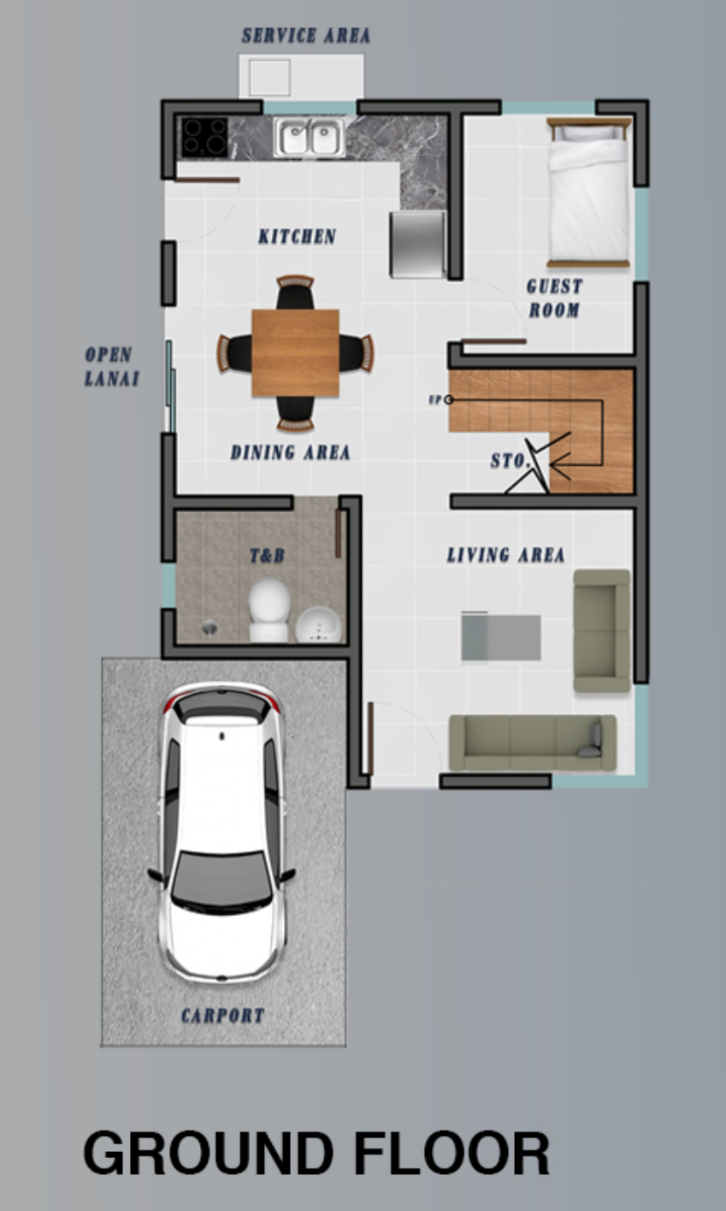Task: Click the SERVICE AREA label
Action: coord(306,36)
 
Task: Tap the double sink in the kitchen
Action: coord(310,138)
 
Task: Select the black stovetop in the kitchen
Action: coord(204,138)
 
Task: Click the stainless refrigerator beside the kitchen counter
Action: coord(418,245)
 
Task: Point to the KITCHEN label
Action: coord(297,236)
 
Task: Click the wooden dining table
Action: coord(295,353)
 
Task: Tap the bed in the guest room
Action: coord(588,192)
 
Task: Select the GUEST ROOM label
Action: coord(555,298)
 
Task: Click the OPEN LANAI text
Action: coord(111,367)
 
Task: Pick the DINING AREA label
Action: coord(290,452)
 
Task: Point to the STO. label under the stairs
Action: coord(510,461)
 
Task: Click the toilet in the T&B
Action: coord(269,610)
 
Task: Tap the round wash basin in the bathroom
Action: coord(318,625)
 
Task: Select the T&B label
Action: coord(267,555)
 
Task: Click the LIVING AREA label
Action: coord(506,555)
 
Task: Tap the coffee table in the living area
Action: coord(500,636)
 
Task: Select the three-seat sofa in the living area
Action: coord(533,742)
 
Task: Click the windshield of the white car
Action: coord(221,878)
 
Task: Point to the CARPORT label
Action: coord(222,1016)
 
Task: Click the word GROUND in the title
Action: coord(208,1153)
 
